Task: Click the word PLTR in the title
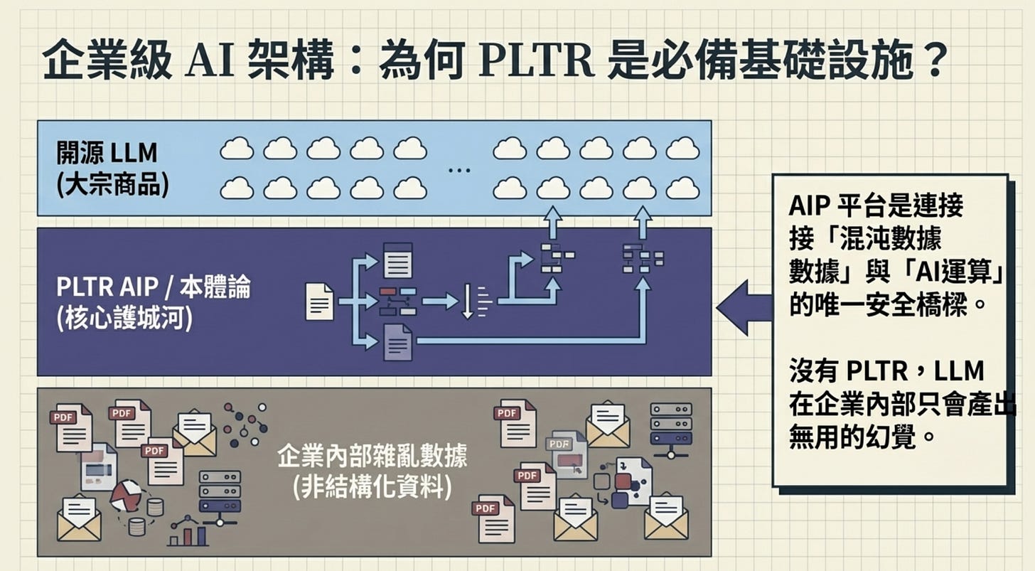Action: [x=535, y=63]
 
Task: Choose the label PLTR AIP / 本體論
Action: [x=153, y=289]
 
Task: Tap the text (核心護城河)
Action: [x=124, y=319]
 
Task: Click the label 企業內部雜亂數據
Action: [x=372, y=456]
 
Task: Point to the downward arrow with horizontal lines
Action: [x=469, y=301]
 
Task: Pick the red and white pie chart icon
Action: [x=127, y=495]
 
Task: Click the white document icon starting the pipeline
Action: [x=319, y=301]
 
